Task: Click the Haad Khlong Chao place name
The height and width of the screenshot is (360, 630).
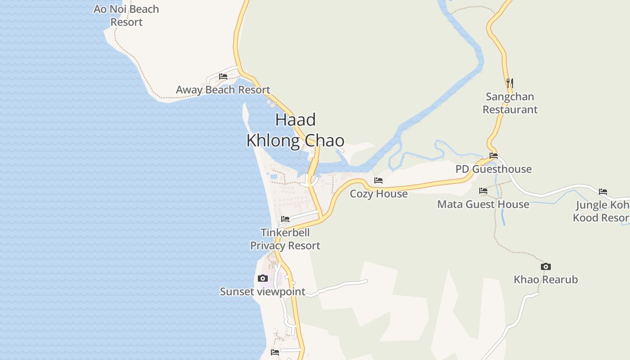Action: [295, 130]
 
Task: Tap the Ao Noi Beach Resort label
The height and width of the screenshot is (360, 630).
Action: [126, 15]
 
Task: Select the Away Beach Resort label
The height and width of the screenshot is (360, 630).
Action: [223, 90]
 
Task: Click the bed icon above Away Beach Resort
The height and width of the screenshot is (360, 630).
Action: [223, 76]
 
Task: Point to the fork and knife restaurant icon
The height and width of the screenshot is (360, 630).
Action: [509, 83]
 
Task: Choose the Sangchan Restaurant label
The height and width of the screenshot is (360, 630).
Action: [510, 103]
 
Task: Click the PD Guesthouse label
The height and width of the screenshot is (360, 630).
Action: [493, 169]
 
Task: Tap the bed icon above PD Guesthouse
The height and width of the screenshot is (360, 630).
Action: [494, 156]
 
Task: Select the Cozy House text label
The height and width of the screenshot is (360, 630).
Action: [378, 194]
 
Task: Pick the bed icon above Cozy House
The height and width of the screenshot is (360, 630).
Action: [378, 180]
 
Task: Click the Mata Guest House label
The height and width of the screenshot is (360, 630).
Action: [483, 204]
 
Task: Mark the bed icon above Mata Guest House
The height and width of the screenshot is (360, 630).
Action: [483, 191]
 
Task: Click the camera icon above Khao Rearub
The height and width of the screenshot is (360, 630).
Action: [546, 266]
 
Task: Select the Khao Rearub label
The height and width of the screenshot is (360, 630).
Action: [546, 279]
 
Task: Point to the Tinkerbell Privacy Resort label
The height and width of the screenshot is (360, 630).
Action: [285, 239]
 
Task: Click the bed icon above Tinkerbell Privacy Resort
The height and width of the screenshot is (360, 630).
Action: [285, 219]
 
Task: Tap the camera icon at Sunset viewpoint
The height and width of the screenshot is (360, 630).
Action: [263, 279]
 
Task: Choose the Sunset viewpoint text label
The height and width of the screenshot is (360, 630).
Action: [262, 292]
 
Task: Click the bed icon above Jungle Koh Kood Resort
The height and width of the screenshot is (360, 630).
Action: [603, 192]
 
